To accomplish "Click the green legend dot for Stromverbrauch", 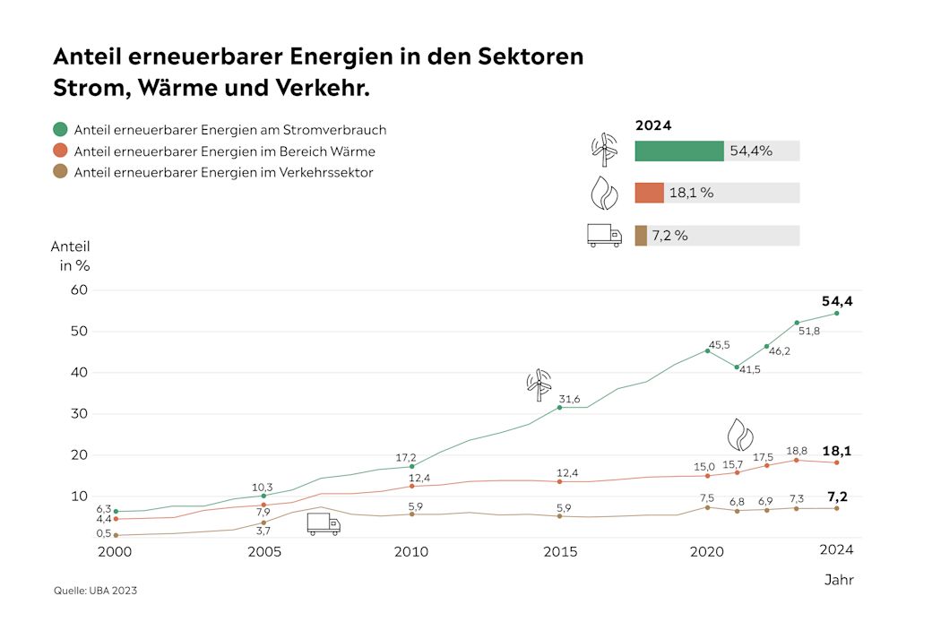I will click(60, 130).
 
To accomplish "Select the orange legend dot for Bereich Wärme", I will click(60, 151).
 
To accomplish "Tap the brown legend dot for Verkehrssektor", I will click(60, 173).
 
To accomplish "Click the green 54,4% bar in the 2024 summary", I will click(678, 151).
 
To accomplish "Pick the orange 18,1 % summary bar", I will click(649, 193).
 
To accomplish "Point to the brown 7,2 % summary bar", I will click(641, 236).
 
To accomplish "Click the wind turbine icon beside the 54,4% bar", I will click(604, 151).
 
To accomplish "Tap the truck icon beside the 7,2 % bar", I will click(604, 235).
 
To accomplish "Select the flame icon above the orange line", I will click(739, 434).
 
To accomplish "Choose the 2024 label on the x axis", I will click(837, 550).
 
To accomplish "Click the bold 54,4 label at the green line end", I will click(837, 301).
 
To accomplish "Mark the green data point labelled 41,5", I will click(737, 367).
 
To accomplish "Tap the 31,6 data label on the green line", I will click(570, 399).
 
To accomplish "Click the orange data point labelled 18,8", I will click(797, 460).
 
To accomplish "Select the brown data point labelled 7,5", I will click(707, 507).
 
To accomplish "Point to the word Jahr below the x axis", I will click(839, 580).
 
